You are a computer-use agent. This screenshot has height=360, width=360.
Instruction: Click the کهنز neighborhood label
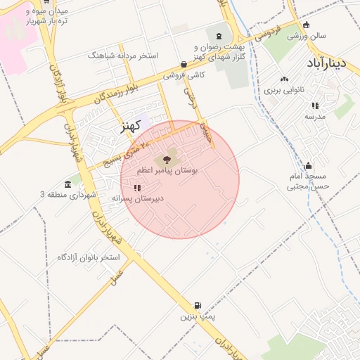[x=127, y=127]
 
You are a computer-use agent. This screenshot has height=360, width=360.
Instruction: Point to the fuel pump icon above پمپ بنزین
[x=198, y=306]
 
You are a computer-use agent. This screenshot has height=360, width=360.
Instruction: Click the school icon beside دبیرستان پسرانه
[x=137, y=188]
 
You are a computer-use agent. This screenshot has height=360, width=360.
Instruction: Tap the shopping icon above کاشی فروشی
[x=184, y=64]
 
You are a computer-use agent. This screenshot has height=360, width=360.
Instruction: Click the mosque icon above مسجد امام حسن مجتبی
[x=307, y=166]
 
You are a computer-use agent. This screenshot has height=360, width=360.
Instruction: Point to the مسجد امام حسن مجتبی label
[x=308, y=181]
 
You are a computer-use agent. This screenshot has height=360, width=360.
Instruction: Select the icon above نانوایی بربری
[x=285, y=80]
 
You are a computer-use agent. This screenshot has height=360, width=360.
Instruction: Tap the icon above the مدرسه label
[x=314, y=105]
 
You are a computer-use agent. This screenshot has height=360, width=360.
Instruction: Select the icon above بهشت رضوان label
[x=219, y=36]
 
